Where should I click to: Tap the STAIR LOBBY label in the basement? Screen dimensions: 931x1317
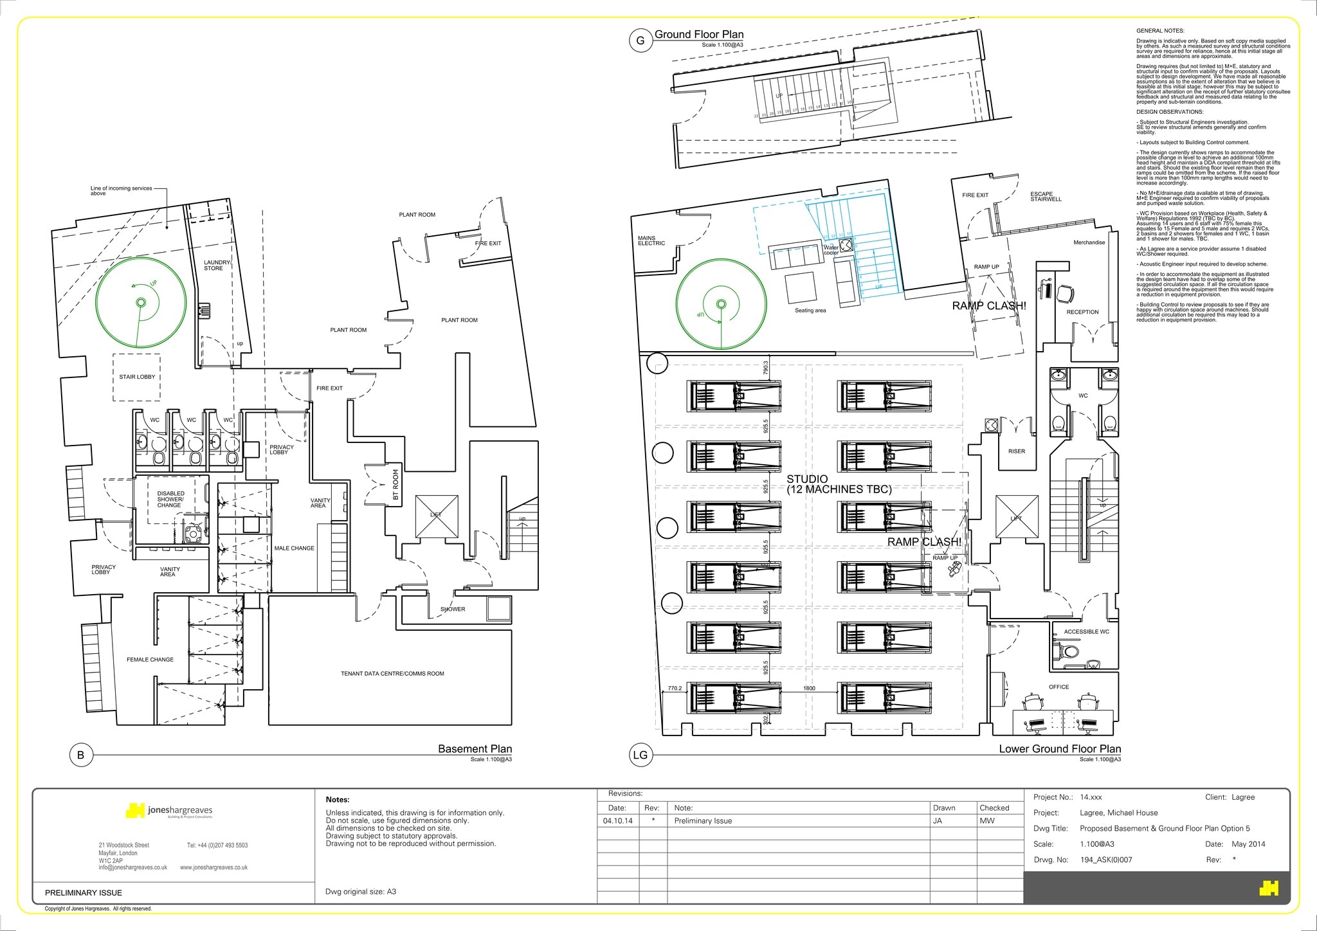(x=137, y=377)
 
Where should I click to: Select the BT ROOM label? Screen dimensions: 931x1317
(x=395, y=484)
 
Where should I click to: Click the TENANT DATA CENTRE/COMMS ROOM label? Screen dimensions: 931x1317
(x=392, y=673)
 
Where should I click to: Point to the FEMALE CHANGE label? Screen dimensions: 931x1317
(x=150, y=659)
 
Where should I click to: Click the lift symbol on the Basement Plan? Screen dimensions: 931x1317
(x=437, y=516)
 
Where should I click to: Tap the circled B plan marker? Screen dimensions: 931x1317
(x=81, y=755)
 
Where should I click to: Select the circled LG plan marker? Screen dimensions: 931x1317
(x=640, y=755)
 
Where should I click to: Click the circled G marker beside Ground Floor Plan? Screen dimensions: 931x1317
(x=640, y=41)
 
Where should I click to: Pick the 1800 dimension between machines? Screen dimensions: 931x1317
(x=809, y=688)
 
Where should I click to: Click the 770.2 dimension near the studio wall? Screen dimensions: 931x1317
(x=674, y=688)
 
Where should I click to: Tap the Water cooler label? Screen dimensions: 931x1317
(x=831, y=249)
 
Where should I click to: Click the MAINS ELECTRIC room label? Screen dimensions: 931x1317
(x=651, y=240)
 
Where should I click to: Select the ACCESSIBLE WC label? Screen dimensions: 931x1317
(x=1086, y=631)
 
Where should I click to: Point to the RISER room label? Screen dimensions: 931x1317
(x=1016, y=451)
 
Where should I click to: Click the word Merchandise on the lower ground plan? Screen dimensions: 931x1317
(x=1089, y=242)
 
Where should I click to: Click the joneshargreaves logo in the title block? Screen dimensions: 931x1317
(x=170, y=811)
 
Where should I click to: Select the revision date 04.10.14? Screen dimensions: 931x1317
(x=617, y=820)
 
